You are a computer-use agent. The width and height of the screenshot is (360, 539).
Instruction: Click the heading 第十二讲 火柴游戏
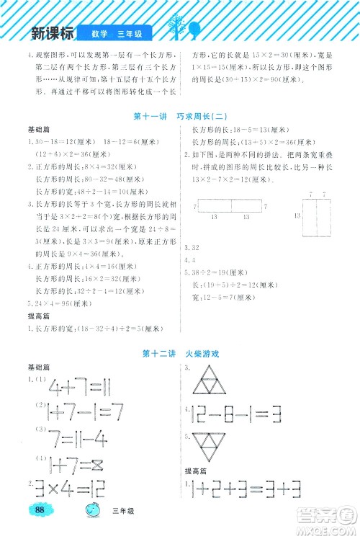coord(180,354)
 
